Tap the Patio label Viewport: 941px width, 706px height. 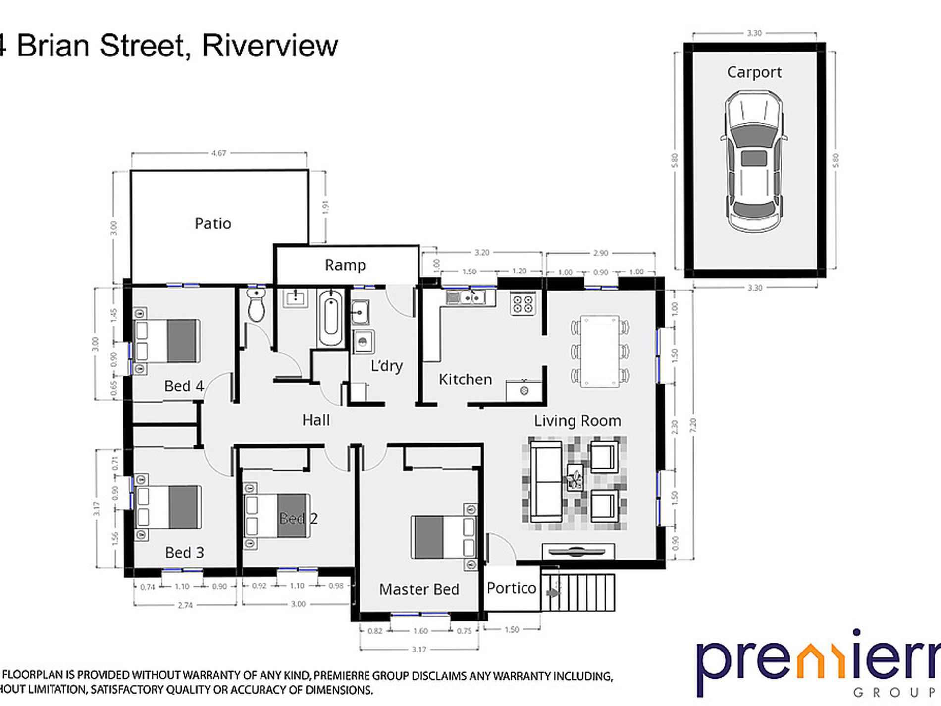[x=212, y=224]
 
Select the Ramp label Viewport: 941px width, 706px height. [x=345, y=265]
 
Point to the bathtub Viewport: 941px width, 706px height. [x=330, y=319]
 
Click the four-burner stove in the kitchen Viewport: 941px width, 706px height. [x=523, y=303]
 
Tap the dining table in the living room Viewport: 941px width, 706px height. [x=599, y=351]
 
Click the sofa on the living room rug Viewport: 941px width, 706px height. [x=545, y=482]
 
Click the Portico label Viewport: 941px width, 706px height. [x=511, y=588]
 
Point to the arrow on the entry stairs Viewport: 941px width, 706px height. [x=553, y=593]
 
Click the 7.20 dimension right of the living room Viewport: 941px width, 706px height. [x=692, y=425]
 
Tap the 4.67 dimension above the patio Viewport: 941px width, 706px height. [x=218, y=153]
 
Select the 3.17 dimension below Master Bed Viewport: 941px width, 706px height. [x=418, y=649]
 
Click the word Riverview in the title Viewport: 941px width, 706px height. [x=270, y=46]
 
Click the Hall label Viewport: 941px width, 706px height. [x=315, y=420]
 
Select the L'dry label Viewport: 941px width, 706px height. [x=386, y=366]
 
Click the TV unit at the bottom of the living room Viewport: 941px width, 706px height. [x=578, y=551]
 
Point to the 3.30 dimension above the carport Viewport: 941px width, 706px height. [x=754, y=33]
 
